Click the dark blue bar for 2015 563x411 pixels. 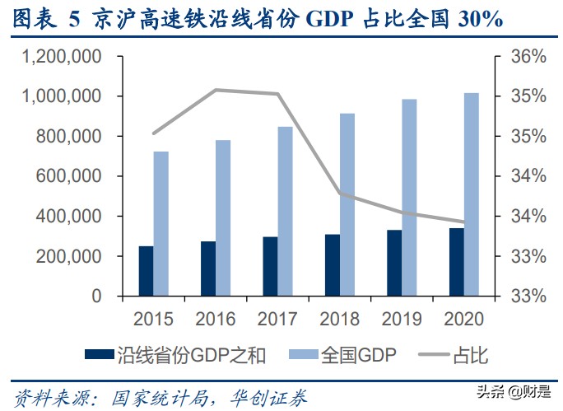click(146, 271)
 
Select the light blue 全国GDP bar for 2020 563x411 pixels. click(472, 194)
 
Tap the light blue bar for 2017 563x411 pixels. click(285, 211)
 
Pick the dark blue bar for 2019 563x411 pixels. click(394, 263)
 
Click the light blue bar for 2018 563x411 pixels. click(347, 204)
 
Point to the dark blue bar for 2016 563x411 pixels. click(207, 269)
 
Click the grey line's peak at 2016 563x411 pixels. click(216, 90)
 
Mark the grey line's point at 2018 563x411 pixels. click(340, 194)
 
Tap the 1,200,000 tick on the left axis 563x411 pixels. click(63, 57)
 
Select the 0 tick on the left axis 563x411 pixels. click(96, 296)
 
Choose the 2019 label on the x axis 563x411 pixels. click(402, 319)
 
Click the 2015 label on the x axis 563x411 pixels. click(153, 319)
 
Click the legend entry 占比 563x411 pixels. click(460, 356)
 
